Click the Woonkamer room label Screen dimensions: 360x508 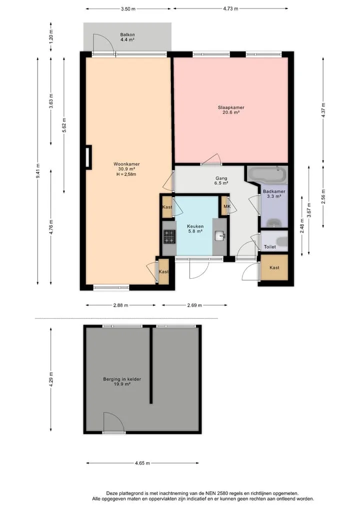126,164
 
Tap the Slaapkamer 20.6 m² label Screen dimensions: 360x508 231,110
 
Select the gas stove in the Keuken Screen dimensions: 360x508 169,236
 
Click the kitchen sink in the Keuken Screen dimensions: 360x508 220,236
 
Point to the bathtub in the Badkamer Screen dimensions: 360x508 267,174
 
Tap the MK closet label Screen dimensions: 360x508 227,206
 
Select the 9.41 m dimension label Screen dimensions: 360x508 38,170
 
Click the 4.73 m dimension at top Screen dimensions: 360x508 230,9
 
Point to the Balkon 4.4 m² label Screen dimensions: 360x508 127,37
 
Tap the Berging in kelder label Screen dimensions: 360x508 122,379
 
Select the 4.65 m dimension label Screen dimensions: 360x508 142,463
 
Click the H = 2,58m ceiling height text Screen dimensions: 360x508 126,174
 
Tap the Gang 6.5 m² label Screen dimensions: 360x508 221,180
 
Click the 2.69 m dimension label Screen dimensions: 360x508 194,305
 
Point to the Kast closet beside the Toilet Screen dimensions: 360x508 274,268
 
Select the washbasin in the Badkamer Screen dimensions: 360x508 275,223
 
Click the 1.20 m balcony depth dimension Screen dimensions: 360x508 51,36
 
